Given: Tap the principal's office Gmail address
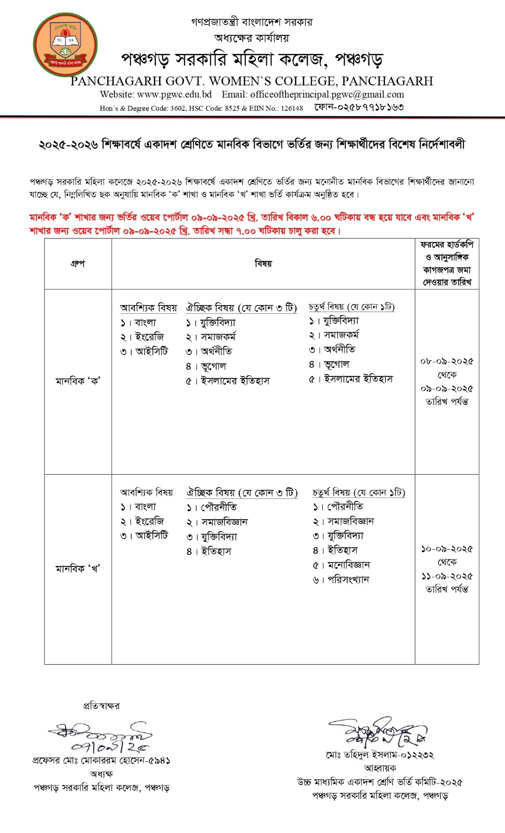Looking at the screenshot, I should pyautogui.click(x=327, y=95).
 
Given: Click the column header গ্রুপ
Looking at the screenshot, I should pyautogui.click(x=77, y=263).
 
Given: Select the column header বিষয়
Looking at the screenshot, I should pyautogui.click(x=263, y=263).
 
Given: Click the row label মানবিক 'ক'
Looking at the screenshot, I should pyautogui.click(x=77, y=381).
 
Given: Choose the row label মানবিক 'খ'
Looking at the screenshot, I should pyautogui.click(x=77, y=569).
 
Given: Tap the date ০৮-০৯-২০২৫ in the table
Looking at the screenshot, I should pyautogui.click(x=447, y=361).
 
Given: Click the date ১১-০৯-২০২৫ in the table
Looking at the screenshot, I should pyautogui.click(x=447, y=576).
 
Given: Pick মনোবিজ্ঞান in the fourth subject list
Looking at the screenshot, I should pyautogui.click(x=348, y=565).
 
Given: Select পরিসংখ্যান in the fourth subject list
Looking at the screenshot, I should pyautogui.click(x=348, y=579).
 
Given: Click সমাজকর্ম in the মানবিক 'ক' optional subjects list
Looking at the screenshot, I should pyautogui.click(x=218, y=337).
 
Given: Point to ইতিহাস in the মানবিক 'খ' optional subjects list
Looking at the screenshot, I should pyautogui.click(x=216, y=551).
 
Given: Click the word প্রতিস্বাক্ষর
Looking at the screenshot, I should pyautogui.click(x=101, y=706).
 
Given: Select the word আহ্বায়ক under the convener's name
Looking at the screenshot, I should pyautogui.click(x=380, y=768).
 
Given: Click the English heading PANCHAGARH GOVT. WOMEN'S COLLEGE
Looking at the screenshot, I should pyautogui.click(x=252, y=81).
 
